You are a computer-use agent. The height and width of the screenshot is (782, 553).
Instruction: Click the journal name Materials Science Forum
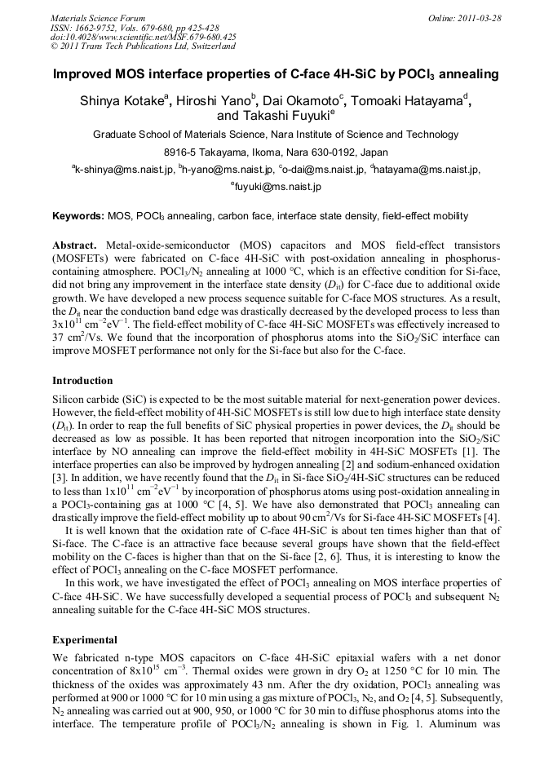point(98,18)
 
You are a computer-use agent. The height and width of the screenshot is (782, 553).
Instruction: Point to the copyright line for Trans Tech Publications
point(143,46)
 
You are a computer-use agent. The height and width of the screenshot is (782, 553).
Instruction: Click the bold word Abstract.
point(74,245)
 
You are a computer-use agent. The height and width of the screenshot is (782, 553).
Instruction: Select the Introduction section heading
point(82,381)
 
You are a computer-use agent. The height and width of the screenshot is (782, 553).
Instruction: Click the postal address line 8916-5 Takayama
point(276,152)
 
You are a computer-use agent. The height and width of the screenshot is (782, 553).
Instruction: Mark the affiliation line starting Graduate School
point(276,135)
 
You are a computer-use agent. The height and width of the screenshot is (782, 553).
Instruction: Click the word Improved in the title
point(87,75)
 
